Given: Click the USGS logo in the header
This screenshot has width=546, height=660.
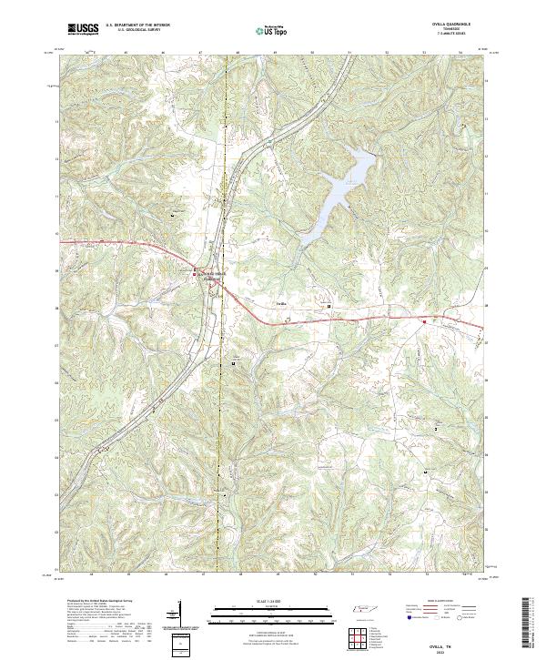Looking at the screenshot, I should point(83,29).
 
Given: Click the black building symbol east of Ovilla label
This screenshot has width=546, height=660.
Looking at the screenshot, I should point(329,307).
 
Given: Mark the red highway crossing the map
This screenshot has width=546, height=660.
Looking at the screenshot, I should point(364,320).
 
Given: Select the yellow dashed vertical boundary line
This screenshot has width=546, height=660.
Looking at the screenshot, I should point(224,410).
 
